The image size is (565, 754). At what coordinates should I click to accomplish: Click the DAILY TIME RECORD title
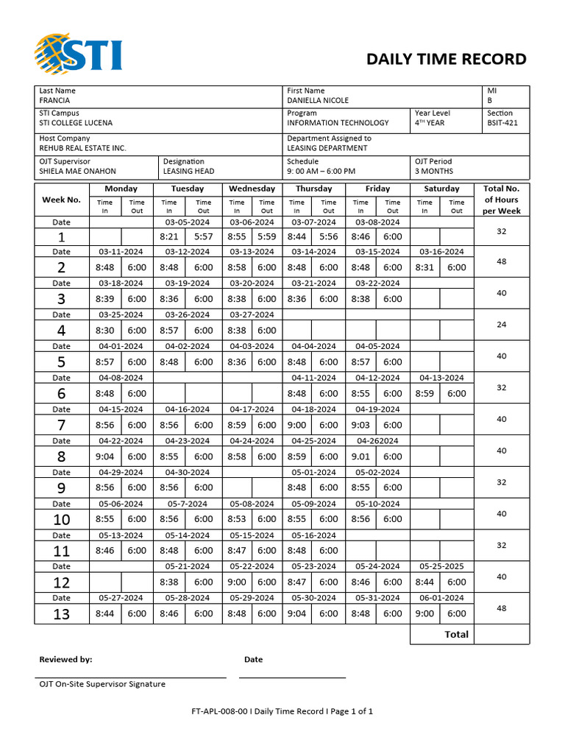point(447,60)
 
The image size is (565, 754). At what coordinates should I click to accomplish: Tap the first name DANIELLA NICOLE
point(318,101)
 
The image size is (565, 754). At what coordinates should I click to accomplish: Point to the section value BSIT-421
point(502,123)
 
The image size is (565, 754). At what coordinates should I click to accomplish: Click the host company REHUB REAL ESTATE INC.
point(83,148)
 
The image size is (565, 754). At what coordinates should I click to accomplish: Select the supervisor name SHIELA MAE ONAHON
point(77,172)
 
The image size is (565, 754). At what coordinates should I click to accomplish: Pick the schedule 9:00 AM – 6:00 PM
point(321,172)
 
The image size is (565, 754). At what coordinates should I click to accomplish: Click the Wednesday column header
point(252,188)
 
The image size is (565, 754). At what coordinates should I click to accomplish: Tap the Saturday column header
point(441,188)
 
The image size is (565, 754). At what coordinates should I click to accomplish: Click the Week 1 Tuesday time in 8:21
point(168,236)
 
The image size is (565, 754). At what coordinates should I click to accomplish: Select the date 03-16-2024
point(441,252)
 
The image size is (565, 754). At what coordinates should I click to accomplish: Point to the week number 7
point(61,425)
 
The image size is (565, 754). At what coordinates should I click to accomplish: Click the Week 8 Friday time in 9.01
point(360,457)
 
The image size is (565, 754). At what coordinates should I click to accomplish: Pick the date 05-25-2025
point(441,566)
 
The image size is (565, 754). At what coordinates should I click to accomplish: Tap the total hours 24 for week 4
point(502,325)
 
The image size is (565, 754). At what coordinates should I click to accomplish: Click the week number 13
point(61,614)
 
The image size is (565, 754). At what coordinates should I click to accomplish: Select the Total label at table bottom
point(456,634)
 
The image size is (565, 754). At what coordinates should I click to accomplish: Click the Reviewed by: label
point(65,660)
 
